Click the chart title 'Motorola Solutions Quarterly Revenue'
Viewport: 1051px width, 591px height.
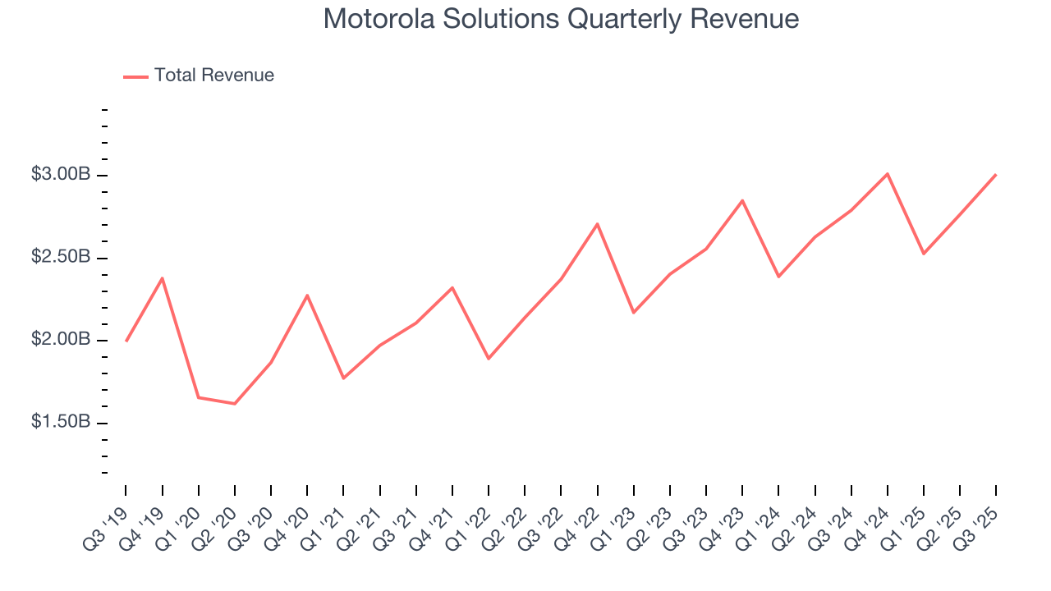pyautogui.click(x=561, y=19)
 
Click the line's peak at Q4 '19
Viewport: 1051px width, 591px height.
pyautogui.click(x=163, y=278)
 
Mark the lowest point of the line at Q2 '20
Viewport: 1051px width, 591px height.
pyautogui.click(x=235, y=404)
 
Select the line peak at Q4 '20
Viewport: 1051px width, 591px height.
pyautogui.click(x=307, y=295)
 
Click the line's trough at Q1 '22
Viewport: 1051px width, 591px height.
pyautogui.click(x=489, y=359)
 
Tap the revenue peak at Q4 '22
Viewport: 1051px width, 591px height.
pyautogui.click(x=597, y=223)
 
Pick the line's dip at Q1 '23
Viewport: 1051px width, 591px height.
pyautogui.click(x=633, y=313)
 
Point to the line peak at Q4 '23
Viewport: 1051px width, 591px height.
pyautogui.click(x=742, y=200)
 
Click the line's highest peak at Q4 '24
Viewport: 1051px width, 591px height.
pyautogui.click(x=888, y=173)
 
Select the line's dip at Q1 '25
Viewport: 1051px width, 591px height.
pyautogui.click(x=924, y=254)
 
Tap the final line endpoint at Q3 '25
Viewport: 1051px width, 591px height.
pyautogui.click(x=996, y=174)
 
